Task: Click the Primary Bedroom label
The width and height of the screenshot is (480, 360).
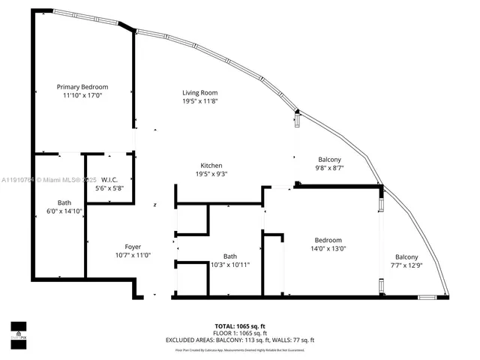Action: pos(82,87)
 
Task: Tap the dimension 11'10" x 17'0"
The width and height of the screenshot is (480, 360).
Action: pos(82,95)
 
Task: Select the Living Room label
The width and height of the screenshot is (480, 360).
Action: pos(200,93)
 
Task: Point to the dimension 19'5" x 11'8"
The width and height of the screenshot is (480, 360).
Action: pos(200,101)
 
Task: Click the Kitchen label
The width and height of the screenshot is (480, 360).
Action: pos(211,166)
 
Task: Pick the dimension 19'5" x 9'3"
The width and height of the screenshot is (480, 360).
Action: pos(211,174)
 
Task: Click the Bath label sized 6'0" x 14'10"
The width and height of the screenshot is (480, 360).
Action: pos(64,203)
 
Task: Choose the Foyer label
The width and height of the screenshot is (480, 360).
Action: pos(132,247)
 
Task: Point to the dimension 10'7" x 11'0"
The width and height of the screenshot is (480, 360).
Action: pos(132,255)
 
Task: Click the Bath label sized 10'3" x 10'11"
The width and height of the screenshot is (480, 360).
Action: pos(230,256)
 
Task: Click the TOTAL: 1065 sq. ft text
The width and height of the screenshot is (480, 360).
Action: pos(240,326)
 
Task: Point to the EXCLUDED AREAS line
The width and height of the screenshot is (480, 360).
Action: pos(240,340)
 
